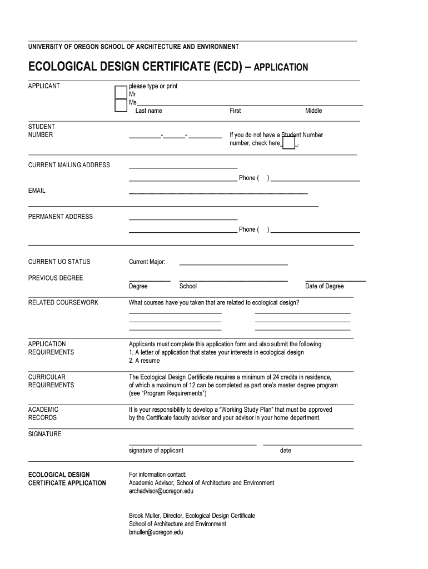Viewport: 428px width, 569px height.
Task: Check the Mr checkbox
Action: tap(121, 92)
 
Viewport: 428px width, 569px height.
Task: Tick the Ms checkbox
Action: tap(121, 106)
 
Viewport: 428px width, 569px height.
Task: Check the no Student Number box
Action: tap(288, 143)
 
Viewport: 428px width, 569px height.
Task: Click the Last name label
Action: tap(148, 111)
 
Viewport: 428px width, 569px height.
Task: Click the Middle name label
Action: tap(313, 111)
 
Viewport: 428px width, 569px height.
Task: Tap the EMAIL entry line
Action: tap(218, 193)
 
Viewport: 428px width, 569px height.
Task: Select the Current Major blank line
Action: tap(233, 264)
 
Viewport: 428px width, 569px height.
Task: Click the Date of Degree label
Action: tap(324, 287)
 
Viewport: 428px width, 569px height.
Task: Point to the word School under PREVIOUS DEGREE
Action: tap(188, 287)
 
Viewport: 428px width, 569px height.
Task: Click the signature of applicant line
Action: tap(192, 445)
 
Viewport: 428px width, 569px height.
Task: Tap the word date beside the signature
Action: tap(285, 451)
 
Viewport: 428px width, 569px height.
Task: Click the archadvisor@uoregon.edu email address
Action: tap(161, 492)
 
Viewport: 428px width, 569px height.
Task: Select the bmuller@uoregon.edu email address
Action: tap(156, 532)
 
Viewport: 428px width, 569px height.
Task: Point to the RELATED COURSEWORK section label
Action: tap(63, 303)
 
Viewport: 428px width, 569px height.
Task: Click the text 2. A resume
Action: tap(144, 361)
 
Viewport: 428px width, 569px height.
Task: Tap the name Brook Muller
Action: tap(144, 516)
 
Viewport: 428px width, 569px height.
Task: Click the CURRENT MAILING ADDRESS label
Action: tap(69, 165)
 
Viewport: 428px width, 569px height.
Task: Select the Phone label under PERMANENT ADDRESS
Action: tap(247, 229)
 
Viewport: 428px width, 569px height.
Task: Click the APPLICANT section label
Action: tap(44, 86)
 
